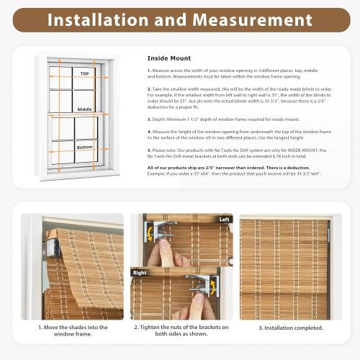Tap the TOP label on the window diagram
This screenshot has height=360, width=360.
click(84, 73)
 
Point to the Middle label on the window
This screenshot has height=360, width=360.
click(84, 109)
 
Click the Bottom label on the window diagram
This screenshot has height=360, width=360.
click(84, 147)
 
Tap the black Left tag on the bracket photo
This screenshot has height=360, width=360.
click(224, 219)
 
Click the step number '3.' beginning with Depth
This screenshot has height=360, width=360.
click(149, 119)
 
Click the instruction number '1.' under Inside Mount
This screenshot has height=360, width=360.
click(149, 71)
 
